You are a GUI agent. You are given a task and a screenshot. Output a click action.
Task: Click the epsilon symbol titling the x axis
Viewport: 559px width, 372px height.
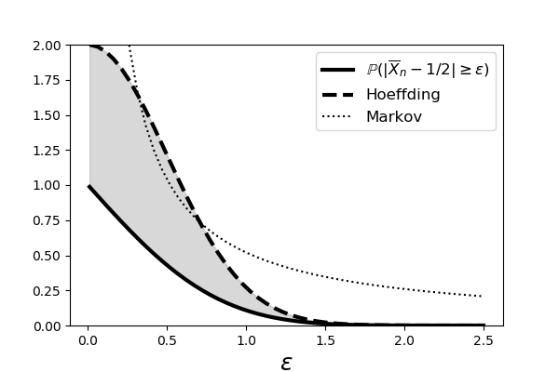tap(286, 363)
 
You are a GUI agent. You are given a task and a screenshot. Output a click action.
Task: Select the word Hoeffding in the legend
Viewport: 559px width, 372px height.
tap(402, 94)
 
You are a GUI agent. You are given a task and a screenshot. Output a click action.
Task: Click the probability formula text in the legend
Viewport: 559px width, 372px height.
tap(427, 70)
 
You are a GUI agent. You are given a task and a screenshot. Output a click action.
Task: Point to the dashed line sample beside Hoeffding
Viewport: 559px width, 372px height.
tap(339, 94)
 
